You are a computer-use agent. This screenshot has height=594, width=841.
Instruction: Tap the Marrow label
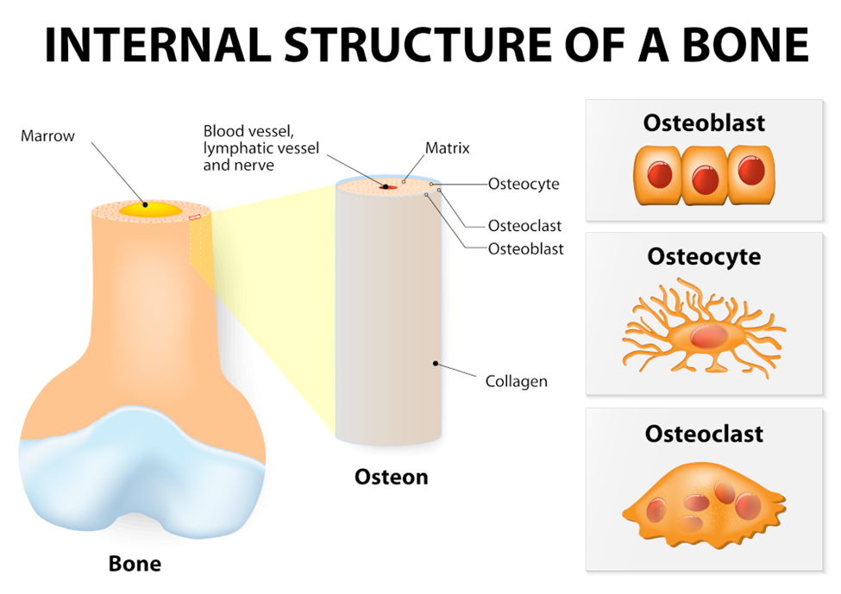tap(48, 136)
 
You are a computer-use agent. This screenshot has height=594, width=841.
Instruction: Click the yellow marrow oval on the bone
tap(150, 209)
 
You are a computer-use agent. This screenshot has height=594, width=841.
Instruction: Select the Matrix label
tap(448, 148)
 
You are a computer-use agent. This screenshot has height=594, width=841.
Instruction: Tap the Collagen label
tap(517, 380)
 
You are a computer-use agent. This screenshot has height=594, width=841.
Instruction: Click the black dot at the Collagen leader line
tap(436, 363)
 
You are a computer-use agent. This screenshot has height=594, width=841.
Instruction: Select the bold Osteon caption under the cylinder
tap(391, 476)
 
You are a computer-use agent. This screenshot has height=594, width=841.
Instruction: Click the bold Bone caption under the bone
tap(135, 564)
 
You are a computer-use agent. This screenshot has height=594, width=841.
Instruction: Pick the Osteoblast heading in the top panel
tap(704, 122)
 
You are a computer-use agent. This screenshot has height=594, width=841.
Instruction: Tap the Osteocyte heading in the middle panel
tap(704, 257)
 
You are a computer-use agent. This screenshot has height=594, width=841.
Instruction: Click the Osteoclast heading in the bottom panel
tap(704, 433)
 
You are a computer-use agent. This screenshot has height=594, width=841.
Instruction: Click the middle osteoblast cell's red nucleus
tap(705, 178)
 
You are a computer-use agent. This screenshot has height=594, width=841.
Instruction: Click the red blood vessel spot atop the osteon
tap(388, 186)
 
